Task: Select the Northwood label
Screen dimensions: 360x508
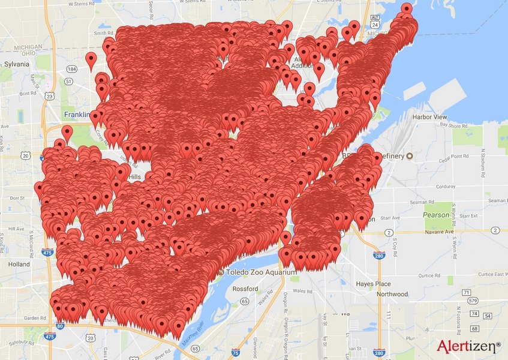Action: click(x=392, y=294)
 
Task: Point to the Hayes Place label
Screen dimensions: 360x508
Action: click(x=374, y=284)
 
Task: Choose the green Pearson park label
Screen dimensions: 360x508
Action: click(x=437, y=215)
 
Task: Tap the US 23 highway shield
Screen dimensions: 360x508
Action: click(x=50, y=95)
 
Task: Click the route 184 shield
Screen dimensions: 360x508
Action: click(x=71, y=69)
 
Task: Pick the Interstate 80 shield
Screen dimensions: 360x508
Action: click(x=59, y=326)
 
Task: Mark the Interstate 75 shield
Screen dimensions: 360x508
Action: click(x=236, y=353)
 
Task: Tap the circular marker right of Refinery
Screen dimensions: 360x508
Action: click(x=410, y=156)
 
